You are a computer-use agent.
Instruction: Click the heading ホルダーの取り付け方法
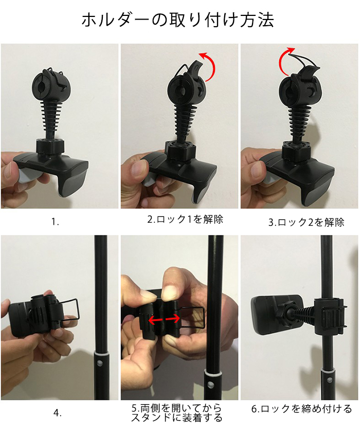pos(177,20)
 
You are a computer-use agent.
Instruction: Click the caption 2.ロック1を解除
pos(185,220)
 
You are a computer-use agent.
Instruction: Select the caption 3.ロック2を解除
pos(306,222)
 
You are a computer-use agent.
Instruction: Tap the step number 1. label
pos(55,222)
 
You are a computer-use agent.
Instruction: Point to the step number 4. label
pos(58,413)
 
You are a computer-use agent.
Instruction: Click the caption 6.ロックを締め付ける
pos(302,409)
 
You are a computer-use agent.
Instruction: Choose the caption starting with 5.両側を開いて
pos(177,413)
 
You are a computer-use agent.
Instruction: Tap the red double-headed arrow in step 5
pos(164,319)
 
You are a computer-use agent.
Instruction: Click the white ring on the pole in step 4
pos(101,353)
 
